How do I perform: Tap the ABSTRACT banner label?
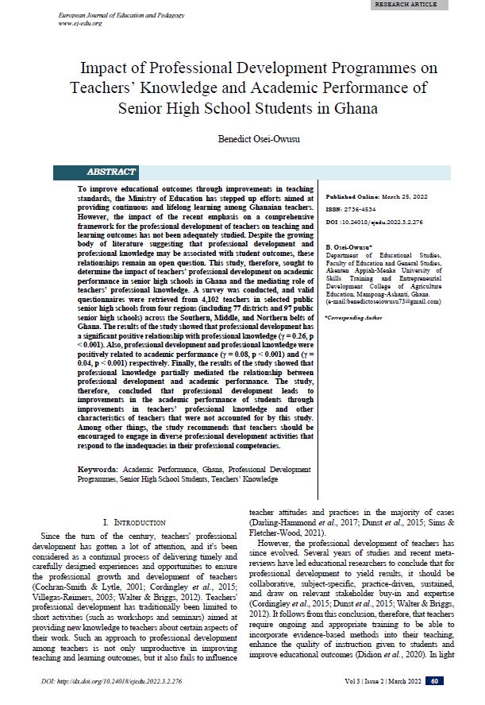(111, 172)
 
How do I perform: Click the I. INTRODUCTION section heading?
(134, 522)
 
